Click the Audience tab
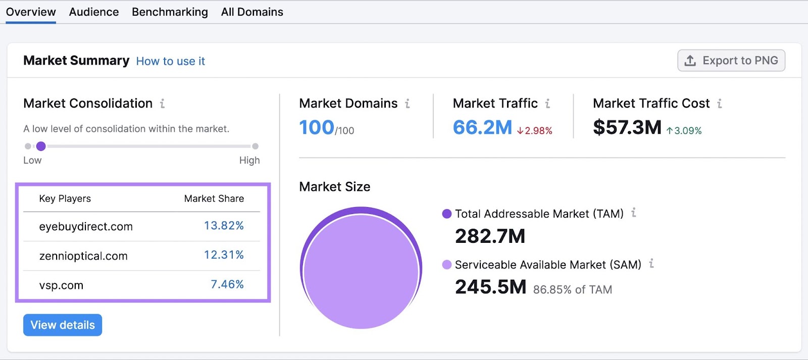[x=94, y=12]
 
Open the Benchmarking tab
[x=170, y=12]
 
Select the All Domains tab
[x=252, y=12]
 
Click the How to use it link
[x=171, y=61]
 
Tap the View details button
[x=63, y=325]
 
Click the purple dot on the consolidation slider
[x=41, y=146]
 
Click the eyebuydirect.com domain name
[x=86, y=227]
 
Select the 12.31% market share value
[x=224, y=255]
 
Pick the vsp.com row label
[x=61, y=285]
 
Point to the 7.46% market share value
[x=227, y=284]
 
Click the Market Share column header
[x=214, y=198]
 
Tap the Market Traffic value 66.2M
[x=482, y=128]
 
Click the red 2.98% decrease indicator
[x=535, y=131]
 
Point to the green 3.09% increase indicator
[x=684, y=131]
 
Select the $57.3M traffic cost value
[x=627, y=128]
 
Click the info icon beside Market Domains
[x=408, y=104]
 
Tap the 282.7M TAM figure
[x=490, y=236]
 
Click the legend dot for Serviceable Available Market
[x=447, y=265]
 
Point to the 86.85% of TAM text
[x=573, y=290]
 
